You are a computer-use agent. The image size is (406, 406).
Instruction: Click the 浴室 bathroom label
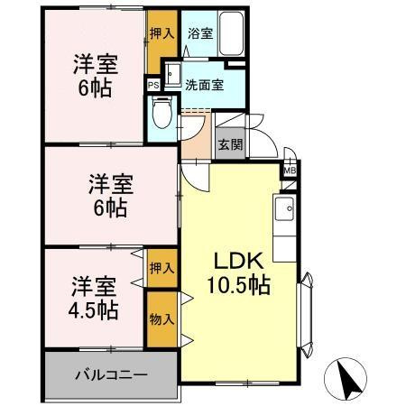(199, 33)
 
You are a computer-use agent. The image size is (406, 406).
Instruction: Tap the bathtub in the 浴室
(230, 34)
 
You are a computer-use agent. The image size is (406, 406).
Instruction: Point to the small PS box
(152, 87)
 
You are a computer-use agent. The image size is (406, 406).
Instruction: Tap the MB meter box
(291, 170)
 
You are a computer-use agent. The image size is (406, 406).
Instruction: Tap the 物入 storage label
(161, 320)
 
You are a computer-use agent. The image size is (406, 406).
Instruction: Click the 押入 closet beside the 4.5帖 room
(161, 269)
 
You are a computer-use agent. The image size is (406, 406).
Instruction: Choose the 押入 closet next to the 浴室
(161, 33)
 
